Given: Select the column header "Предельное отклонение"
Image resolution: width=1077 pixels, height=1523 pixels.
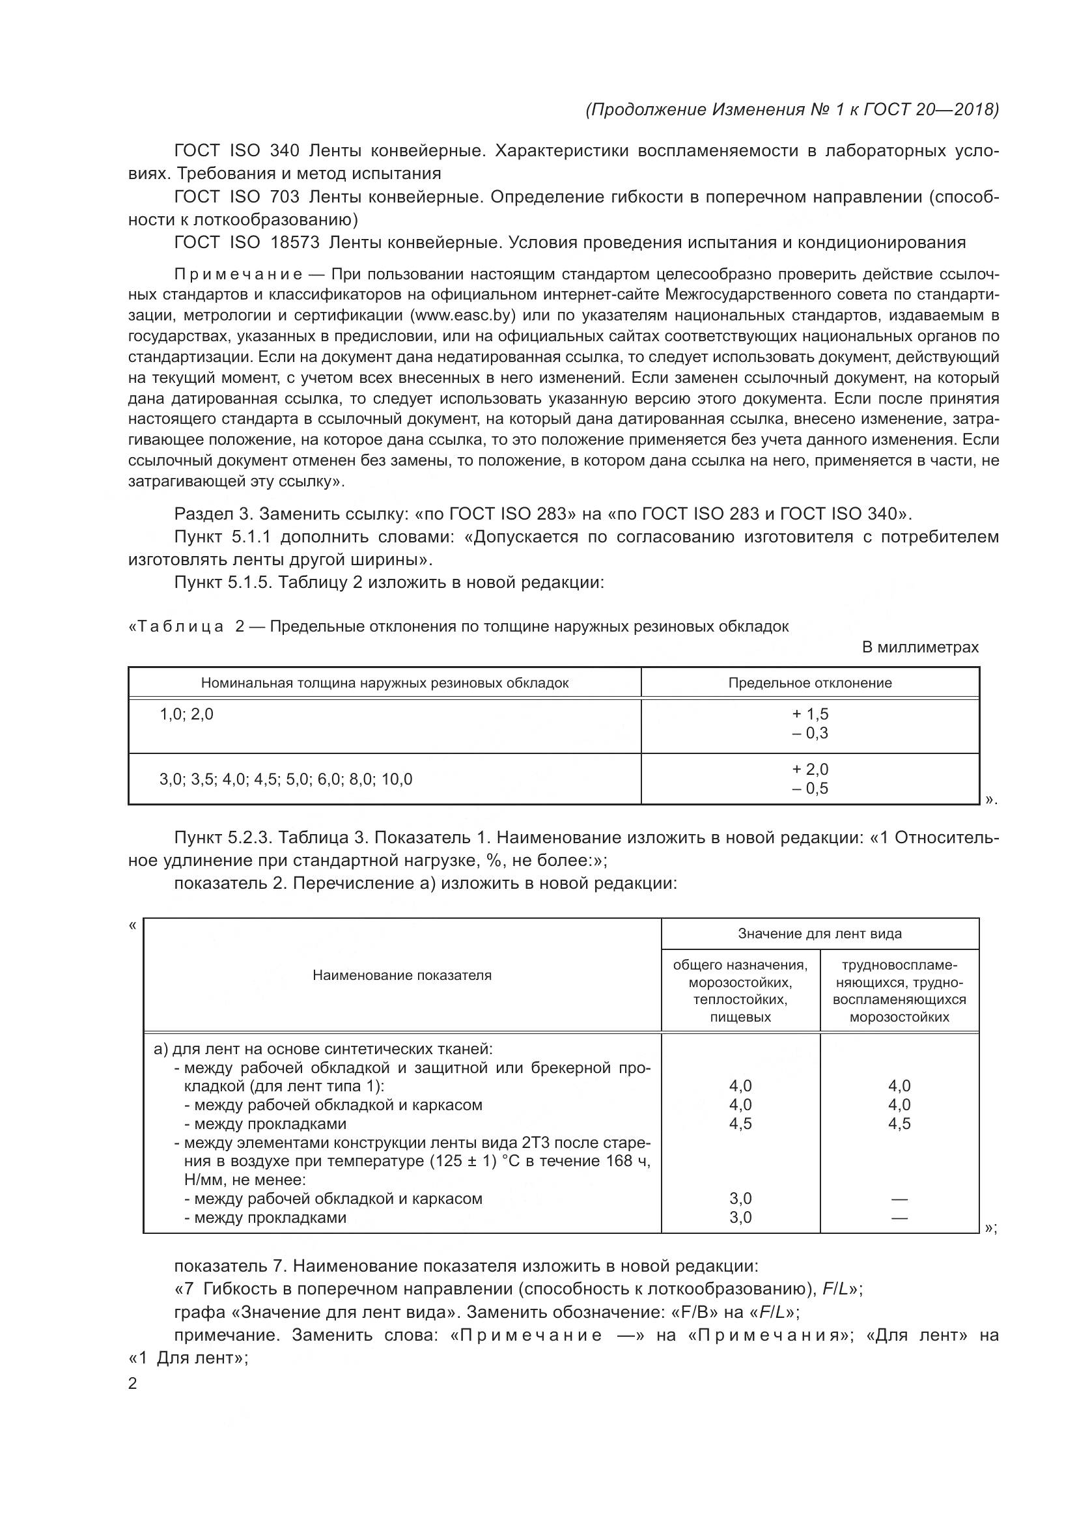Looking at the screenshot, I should (x=810, y=682).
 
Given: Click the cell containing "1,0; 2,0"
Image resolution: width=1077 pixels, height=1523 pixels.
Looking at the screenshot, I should (x=186, y=714).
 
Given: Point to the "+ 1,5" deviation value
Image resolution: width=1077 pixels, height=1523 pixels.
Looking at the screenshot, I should (x=810, y=714).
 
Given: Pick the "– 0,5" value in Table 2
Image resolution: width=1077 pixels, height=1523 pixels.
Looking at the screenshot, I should (x=810, y=788).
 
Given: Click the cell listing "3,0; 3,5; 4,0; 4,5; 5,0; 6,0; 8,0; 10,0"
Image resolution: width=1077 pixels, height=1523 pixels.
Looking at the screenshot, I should (x=285, y=779).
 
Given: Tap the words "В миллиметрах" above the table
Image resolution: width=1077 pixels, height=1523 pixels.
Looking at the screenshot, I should (x=920, y=647).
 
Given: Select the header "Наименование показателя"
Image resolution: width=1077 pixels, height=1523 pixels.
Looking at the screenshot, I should (x=402, y=975).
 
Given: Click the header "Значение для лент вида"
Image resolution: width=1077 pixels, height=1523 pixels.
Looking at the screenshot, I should (x=820, y=934).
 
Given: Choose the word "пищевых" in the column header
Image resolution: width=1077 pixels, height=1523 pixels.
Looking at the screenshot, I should (x=740, y=1017).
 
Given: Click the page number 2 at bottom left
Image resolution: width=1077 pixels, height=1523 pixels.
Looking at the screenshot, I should (x=133, y=1384).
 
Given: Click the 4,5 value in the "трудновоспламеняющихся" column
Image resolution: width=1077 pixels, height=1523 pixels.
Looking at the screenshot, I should (x=899, y=1124).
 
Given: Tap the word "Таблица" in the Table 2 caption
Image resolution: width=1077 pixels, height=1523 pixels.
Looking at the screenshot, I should (x=180, y=627).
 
